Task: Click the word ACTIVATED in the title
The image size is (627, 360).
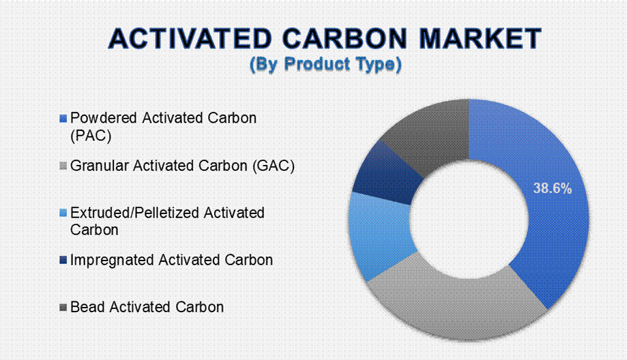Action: tap(190, 39)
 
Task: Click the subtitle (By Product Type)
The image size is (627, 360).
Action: tap(325, 64)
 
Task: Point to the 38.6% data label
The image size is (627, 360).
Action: tap(553, 188)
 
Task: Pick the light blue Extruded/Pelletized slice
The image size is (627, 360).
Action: tap(380, 236)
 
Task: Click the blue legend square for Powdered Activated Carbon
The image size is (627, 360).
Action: tap(62, 119)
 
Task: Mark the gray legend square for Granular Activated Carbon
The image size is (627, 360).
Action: tap(62, 166)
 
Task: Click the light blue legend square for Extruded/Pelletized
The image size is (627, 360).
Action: tap(62, 213)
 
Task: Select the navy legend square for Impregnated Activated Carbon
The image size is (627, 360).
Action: tap(62, 260)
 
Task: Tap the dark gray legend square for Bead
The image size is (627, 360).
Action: tap(62, 307)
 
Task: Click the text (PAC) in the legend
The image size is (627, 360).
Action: tap(91, 136)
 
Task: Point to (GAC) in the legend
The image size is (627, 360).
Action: tap(274, 166)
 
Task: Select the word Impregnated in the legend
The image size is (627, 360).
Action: tap(113, 260)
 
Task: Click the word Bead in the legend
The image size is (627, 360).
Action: tap(88, 307)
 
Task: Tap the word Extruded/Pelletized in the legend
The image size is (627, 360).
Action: tap(135, 213)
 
